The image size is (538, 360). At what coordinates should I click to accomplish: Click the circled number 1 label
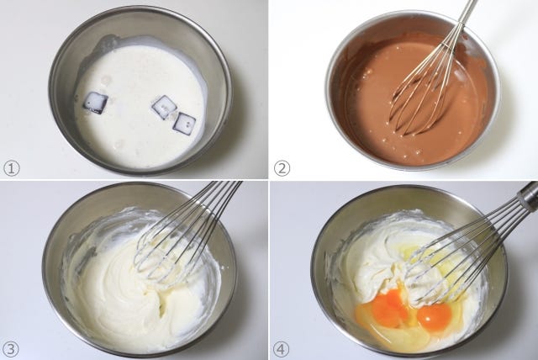pyautogui.click(x=12, y=168)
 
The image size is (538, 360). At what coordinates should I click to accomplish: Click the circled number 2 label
pyautogui.click(x=282, y=168)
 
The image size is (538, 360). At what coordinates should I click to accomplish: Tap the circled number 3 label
pyautogui.click(x=11, y=349)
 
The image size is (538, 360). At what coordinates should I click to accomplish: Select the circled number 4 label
pyautogui.click(x=282, y=349)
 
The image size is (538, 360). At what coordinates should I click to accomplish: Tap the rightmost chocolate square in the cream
pyautogui.click(x=184, y=124)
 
